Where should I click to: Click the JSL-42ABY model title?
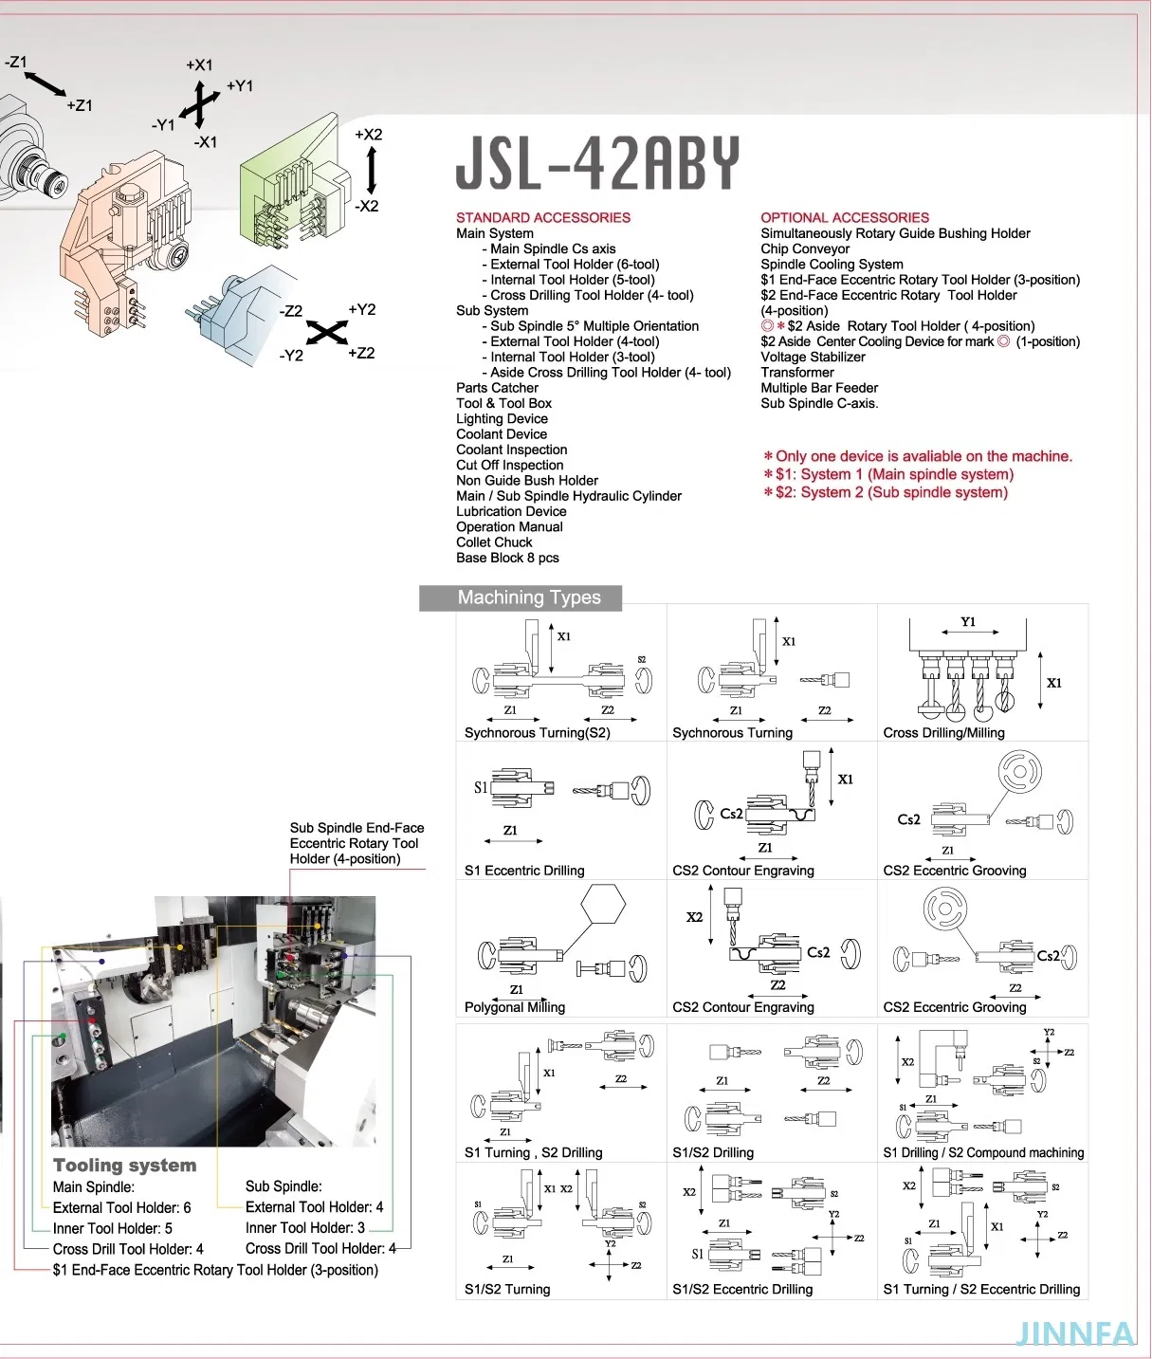(x=596, y=163)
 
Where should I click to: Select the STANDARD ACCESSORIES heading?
(x=542, y=217)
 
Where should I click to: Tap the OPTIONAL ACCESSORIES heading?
(x=844, y=217)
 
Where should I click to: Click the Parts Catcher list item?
(x=497, y=388)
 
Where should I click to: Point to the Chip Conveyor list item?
(x=805, y=248)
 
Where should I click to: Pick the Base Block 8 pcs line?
(x=507, y=558)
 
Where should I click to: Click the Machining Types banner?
(x=528, y=597)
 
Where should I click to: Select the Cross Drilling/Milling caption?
(x=943, y=732)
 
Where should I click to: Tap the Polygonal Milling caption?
(x=514, y=1007)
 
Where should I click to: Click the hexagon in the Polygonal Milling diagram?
(x=603, y=905)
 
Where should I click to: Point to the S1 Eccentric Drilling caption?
(x=524, y=871)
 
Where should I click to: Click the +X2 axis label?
(x=368, y=135)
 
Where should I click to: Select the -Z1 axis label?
(x=16, y=63)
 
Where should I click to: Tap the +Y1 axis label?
(x=240, y=86)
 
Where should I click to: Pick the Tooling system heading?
(x=124, y=1165)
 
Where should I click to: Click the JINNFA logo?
(x=1074, y=1333)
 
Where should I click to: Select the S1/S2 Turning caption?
(x=507, y=1289)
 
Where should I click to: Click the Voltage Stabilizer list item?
(x=813, y=357)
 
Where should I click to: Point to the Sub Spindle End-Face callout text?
(x=357, y=843)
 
